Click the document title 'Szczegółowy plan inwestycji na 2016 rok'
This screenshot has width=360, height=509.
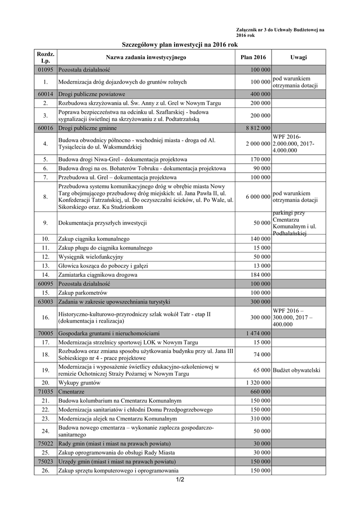click(180, 45)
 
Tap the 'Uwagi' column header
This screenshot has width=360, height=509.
click(298, 58)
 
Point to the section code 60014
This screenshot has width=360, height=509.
click(45, 94)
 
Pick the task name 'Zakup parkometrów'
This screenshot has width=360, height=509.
click(83, 293)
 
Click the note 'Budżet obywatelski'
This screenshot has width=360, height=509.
click(296, 370)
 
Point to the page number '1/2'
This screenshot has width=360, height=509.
click(180, 480)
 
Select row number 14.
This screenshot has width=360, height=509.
click(45, 274)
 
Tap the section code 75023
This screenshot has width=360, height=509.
click(45, 462)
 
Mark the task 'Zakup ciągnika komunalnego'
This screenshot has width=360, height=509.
click(94, 239)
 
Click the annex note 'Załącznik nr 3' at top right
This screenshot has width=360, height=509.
click(280, 30)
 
